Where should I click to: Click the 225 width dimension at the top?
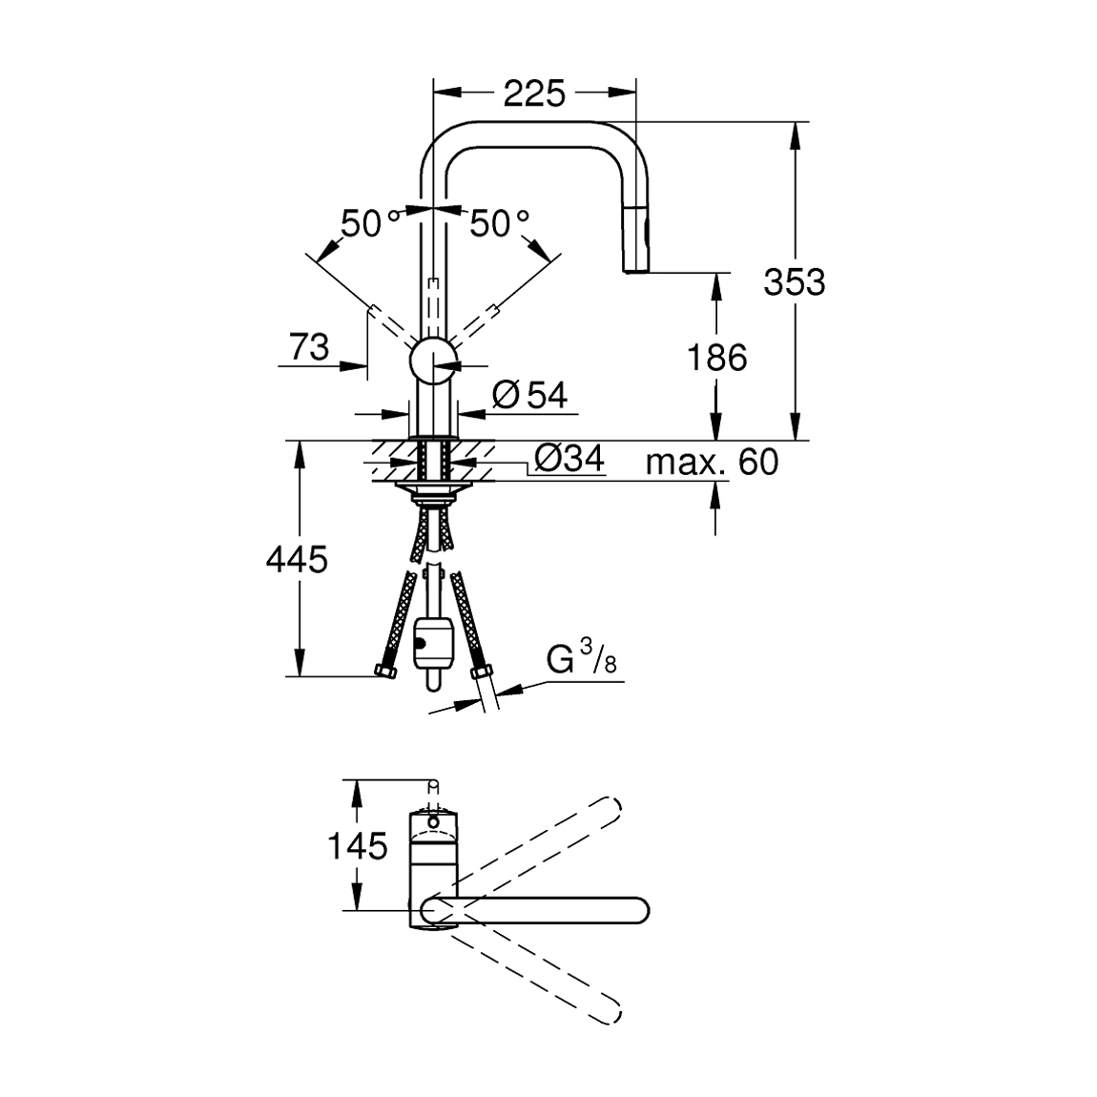534,93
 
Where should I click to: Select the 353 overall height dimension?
794,281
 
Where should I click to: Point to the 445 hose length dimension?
297,559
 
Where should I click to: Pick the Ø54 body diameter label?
530,394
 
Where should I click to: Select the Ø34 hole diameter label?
569,460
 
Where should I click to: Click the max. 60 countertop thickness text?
712,463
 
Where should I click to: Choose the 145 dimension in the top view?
358,845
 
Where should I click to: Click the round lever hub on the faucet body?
433,362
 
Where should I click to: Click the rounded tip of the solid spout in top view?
638,910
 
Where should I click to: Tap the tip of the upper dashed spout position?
611,808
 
